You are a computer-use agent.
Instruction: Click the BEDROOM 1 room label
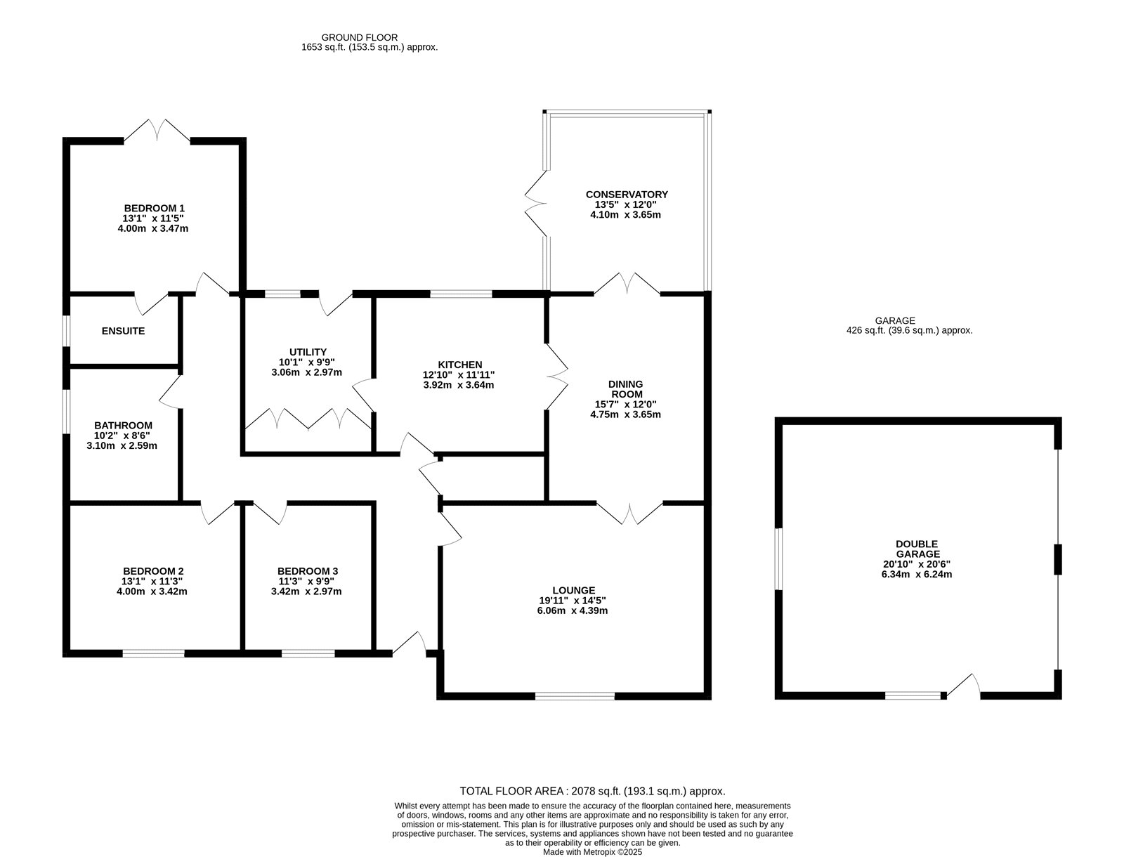(x=154, y=209)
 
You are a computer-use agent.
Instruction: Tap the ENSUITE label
(x=123, y=332)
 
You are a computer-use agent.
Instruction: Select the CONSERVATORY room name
(x=627, y=195)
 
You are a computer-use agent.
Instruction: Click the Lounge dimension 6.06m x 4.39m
(x=572, y=610)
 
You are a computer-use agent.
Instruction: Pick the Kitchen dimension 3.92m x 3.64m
(x=458, y=385)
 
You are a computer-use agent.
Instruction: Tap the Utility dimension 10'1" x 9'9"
(x=307, y=362)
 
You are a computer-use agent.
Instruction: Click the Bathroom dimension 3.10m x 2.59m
(x=122, y=446)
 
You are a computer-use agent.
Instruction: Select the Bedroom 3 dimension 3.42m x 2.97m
(x=306, y=591)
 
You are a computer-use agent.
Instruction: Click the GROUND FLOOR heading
(x=360, y=37)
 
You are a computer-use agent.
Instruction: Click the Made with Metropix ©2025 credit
(x=592, y=852)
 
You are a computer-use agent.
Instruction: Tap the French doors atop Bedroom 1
(x=157, y=131)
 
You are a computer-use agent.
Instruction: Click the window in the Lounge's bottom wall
(x=575, y=696)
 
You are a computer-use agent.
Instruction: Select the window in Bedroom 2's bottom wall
(x=153, y=654)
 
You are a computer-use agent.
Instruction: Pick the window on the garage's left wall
(x=778, y=559)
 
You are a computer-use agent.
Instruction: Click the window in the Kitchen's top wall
(x=461, y=294)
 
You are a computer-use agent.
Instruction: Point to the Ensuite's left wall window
(x=67, y=331)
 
